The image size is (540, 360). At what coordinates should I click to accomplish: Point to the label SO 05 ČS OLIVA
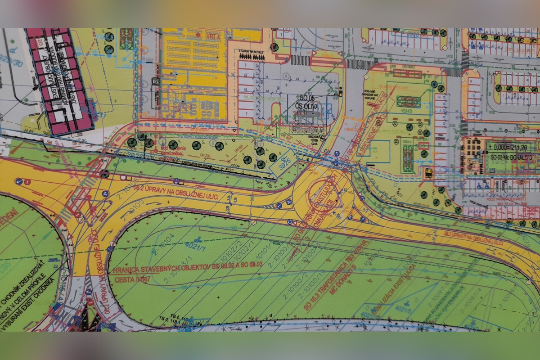(307, 103)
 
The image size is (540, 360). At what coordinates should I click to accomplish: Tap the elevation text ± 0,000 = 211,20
(508, 147)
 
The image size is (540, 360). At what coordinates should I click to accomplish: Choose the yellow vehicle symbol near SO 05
(340, 94)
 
